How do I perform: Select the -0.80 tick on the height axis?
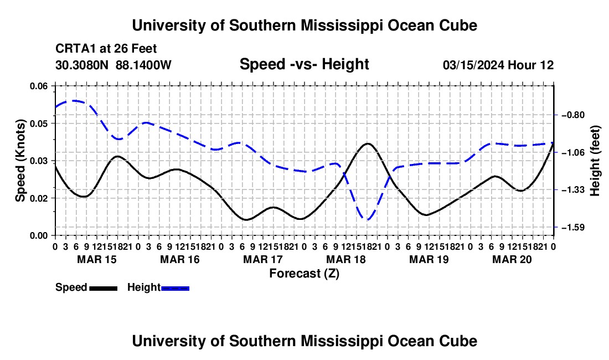(573, 115)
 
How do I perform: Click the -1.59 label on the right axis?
(573, 227)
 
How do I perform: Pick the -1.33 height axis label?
(573, 190)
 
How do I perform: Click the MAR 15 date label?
(97, 259)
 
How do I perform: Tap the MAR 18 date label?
(346, 259)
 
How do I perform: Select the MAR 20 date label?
(512, 259)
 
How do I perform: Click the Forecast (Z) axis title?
(304, 274)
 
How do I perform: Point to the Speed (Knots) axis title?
(20, 161)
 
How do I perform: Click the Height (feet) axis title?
(595, 161)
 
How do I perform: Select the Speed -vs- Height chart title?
(304, 64)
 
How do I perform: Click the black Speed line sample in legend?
(104, 288)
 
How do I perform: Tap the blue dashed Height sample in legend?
(175, 288)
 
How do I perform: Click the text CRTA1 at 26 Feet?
(106, 49)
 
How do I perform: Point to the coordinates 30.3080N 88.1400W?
(113, 65)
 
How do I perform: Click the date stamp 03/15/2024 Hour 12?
(498, 65)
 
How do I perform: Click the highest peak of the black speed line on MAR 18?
(368, 143)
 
